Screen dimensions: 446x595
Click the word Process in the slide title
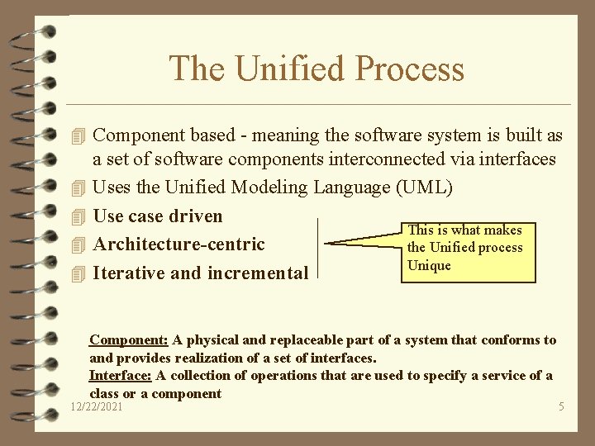click(409, 69)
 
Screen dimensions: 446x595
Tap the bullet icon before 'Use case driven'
click(79, 217)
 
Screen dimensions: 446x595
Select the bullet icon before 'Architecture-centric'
click(79, 245)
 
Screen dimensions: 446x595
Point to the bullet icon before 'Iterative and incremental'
click(79, 273)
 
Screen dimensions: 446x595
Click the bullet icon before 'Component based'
click(79, 135)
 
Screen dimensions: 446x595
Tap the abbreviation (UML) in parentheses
click(425, 187)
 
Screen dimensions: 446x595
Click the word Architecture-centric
click(179, 244)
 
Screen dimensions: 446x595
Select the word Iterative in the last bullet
click(129, 273)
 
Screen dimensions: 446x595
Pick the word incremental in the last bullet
click(258, 273)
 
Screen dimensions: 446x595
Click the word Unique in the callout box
click(429, 265)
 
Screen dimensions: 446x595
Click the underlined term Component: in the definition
click(129, 339)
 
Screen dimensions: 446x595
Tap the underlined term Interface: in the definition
click(120, 376)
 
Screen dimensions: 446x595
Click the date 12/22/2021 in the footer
click(98, 407)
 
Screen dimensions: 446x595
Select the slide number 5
click(561, 407)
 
